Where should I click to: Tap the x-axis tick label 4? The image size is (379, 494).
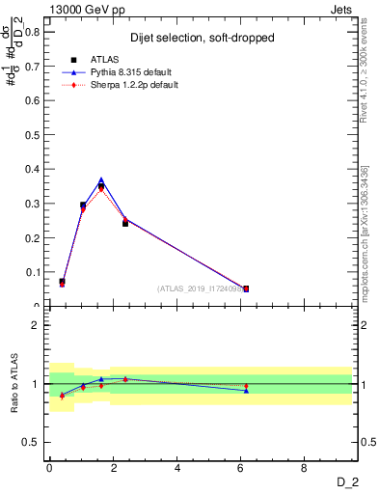tap(177, 469)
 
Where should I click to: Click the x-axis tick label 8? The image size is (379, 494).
tap(305, 469)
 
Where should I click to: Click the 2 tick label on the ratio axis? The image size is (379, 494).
tap(37, 325)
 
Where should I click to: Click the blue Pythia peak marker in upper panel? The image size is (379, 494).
tap(101, 180)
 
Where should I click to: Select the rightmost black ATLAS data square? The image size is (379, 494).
tap(246, 288)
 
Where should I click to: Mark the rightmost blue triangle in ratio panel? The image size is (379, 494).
tap(246, 391)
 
